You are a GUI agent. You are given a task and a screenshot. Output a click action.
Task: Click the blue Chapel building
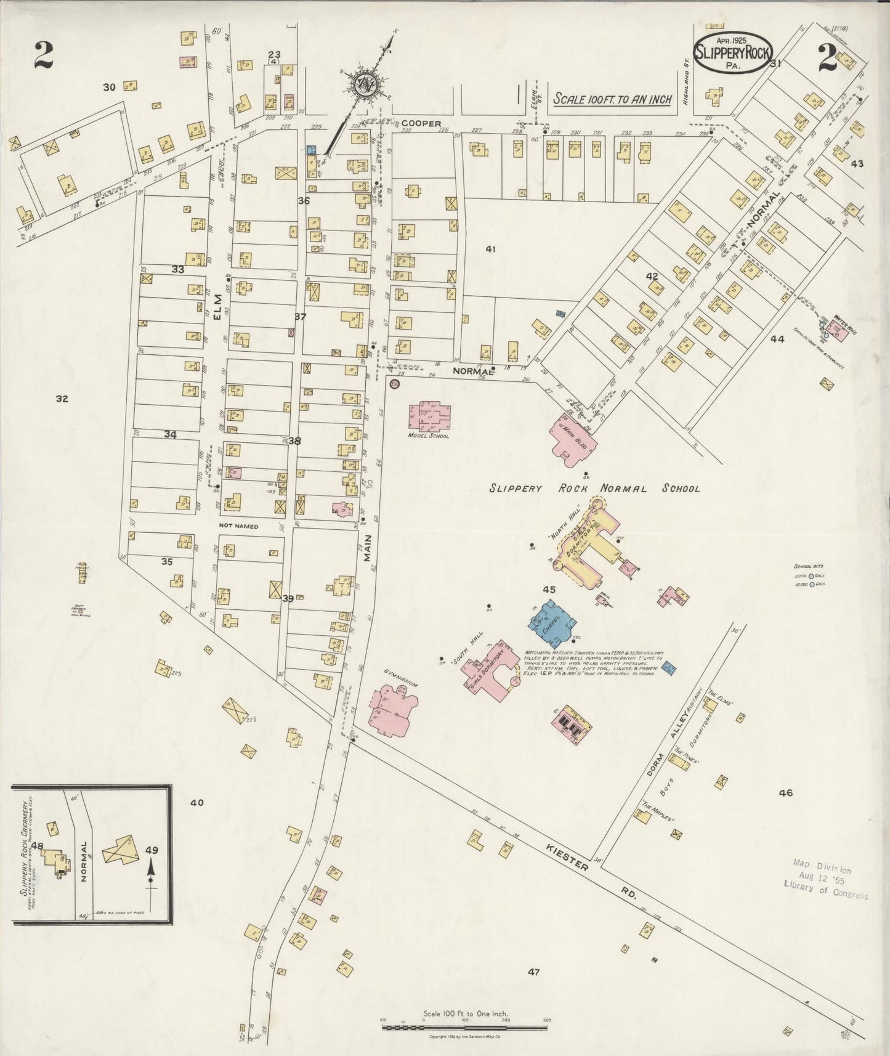click(552, 623)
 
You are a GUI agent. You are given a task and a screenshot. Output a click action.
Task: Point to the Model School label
click(429, 436)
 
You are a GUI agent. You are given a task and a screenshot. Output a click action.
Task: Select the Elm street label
click(217, 306)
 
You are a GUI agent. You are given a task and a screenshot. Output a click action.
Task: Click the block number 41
click(490, 249)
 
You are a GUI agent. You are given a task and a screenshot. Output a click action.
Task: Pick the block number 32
click(62, 399)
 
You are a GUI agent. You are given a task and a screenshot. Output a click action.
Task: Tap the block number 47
click(533, 972)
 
